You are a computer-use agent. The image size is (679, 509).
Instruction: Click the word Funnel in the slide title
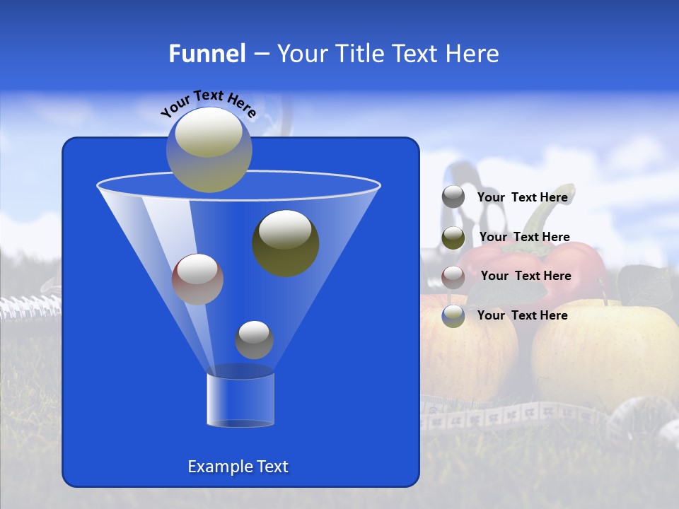(207, 54)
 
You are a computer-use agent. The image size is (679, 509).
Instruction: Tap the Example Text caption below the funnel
(238, 467)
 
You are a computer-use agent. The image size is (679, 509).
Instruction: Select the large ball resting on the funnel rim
(209, 150)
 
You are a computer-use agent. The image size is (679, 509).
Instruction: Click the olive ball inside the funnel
(286, 243)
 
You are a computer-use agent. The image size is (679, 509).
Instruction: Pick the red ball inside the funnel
(198, 279)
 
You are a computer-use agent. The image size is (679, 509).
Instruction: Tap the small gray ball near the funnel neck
(254, 340)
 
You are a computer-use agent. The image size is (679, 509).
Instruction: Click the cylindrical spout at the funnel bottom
(240, 400)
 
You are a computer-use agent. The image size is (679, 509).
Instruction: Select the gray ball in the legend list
(453, 197)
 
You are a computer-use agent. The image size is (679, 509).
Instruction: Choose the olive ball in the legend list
(453, 238)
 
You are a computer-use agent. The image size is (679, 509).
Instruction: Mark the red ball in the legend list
(453, 276)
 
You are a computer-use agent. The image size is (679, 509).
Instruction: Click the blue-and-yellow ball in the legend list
(453, 316)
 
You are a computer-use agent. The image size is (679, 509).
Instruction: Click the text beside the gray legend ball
(523, 197)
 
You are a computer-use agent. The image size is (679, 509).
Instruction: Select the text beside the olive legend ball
(524, 237)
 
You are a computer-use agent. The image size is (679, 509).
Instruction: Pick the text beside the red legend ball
(526, 276)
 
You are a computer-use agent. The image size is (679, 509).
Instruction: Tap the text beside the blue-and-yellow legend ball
(523, 315)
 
